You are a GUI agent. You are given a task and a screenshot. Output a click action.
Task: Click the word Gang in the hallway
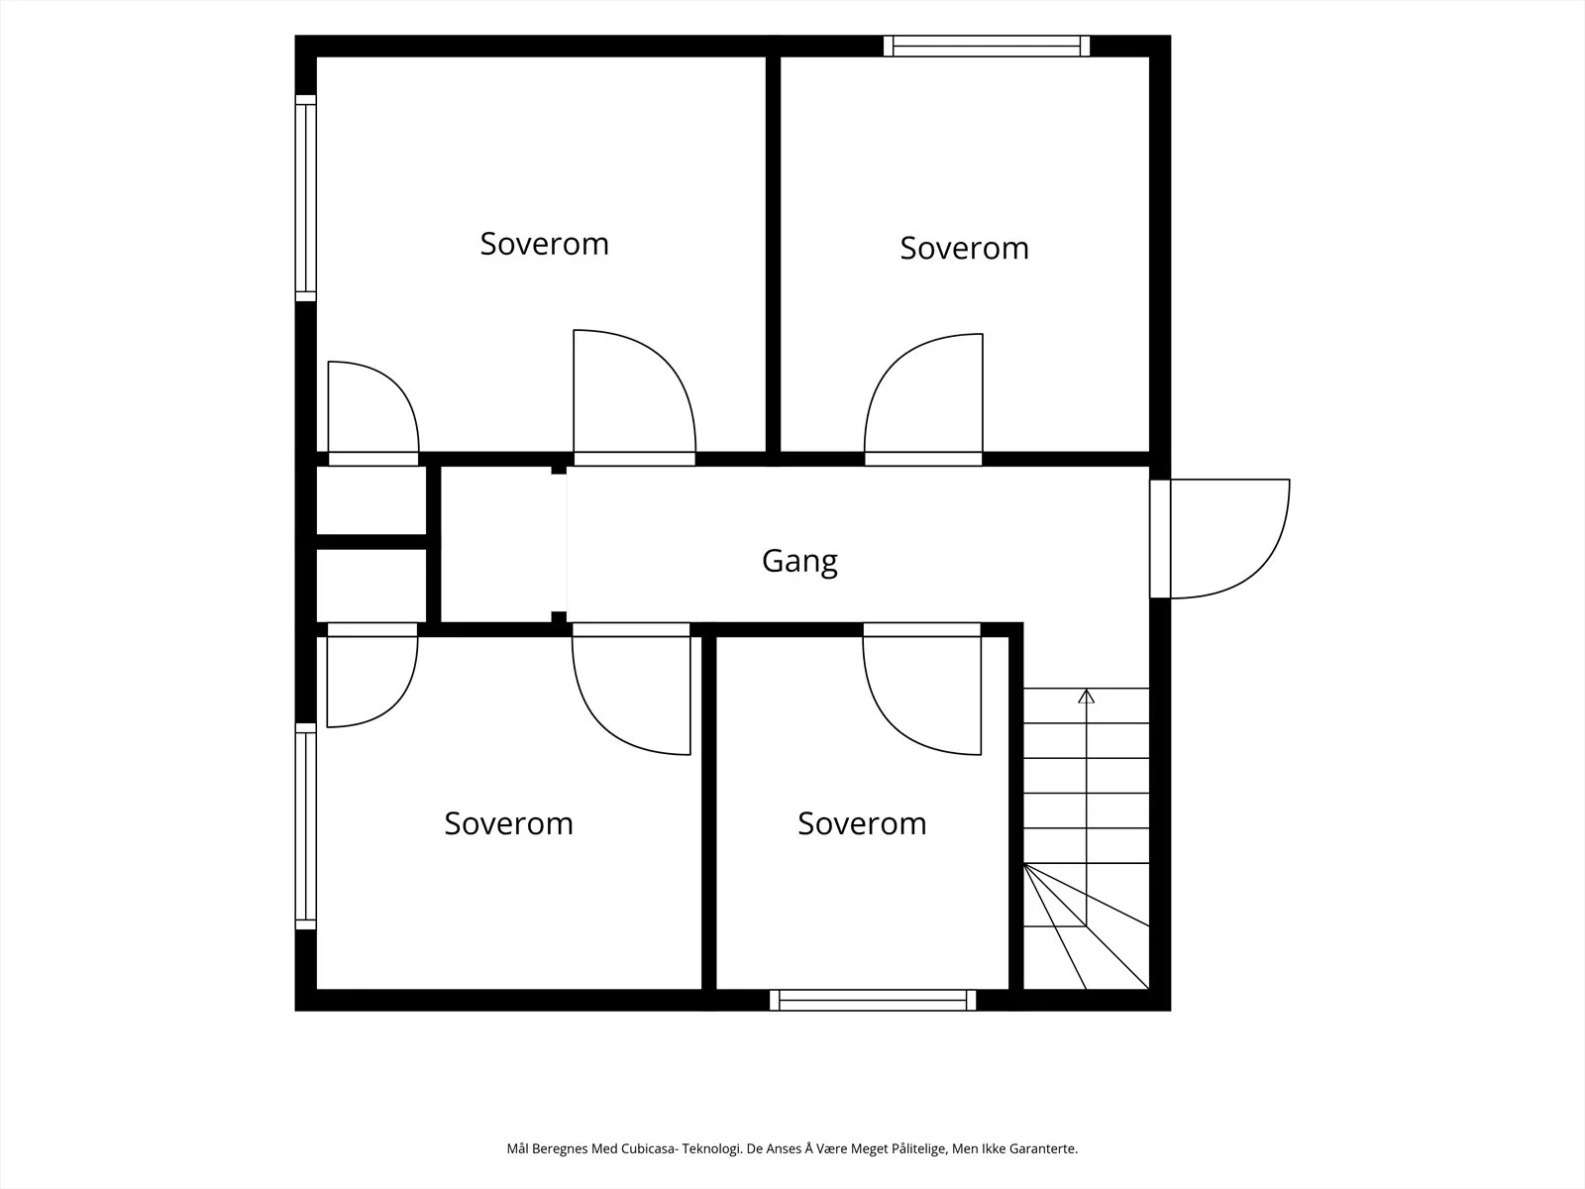coord(799,562)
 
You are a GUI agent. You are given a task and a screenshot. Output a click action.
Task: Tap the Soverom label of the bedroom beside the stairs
coord(862,823)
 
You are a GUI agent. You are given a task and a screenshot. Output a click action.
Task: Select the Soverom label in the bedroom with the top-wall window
coord(964,249)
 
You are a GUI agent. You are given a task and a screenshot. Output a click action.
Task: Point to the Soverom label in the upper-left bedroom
coord(545,244)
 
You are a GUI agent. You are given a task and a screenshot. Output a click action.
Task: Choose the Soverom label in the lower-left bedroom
coord(508,823)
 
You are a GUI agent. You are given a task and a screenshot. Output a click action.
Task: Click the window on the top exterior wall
coord(987,47)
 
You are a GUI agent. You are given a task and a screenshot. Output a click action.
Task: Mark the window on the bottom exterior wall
coord(873,1000)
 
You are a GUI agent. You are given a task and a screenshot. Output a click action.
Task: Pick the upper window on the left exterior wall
coord(306,198)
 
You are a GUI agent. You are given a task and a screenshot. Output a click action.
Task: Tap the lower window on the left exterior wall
coord(306,826)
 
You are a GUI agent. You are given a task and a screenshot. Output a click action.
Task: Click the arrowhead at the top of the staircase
coord(1086,696)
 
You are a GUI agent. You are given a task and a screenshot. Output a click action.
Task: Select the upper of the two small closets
coord(371,500)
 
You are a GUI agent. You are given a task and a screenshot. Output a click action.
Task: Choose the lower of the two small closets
coord(371,586)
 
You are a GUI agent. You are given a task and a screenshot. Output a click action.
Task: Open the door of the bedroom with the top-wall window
coord(923,399)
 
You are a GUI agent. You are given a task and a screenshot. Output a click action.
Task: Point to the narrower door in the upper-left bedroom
coord(373,413)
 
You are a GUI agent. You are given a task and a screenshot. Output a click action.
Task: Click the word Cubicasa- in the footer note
coord(650,1148)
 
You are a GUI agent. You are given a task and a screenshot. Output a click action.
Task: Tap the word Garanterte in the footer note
coord(1044,1148)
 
